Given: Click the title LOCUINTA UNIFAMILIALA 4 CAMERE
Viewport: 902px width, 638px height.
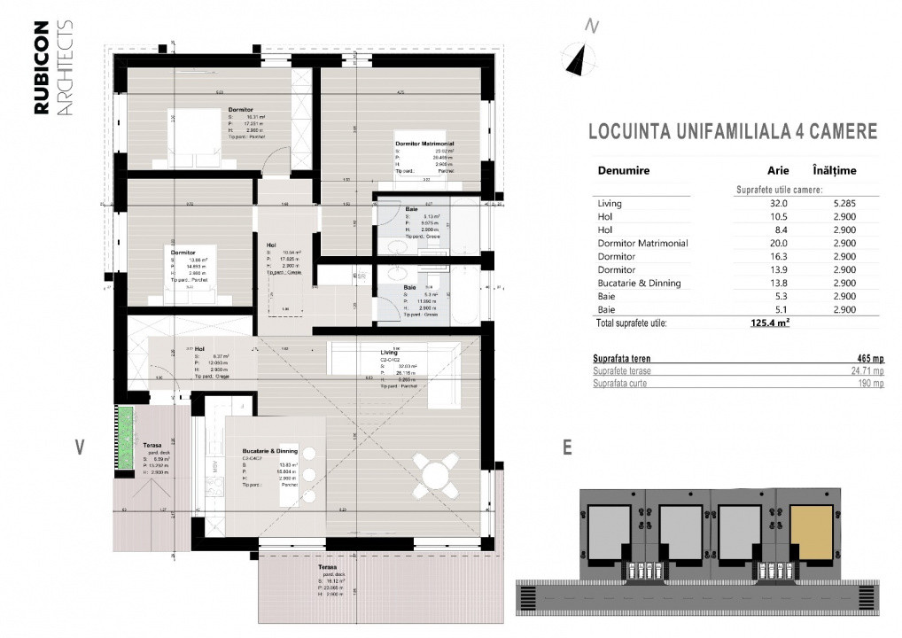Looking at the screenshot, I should (733, 132).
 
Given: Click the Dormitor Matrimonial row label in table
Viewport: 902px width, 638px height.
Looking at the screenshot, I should (642, 243).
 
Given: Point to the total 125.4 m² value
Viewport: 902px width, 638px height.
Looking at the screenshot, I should (770, 323).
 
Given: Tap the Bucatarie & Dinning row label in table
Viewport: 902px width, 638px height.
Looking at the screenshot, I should (639, 283).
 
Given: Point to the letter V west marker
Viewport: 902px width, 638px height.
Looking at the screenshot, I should (80, 447).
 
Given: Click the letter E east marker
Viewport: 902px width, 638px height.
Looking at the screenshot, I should (566, 447).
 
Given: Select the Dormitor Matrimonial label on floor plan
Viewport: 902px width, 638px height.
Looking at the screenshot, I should (424, 144).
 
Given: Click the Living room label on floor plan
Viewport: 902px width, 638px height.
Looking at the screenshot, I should (390, 352).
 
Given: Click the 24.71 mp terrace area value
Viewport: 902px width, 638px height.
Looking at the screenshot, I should (864, 371).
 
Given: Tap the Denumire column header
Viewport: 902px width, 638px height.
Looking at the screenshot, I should (624, 170).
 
